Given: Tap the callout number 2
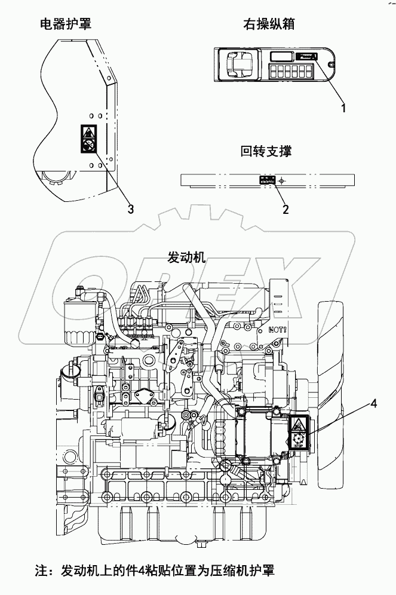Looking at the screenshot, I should click(x=286, y=209).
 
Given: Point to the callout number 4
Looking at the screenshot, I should click(x=373, y=404).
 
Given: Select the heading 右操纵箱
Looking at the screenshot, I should click(x=269, y=24).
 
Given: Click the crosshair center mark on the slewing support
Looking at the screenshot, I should click(x=283, y=179).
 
